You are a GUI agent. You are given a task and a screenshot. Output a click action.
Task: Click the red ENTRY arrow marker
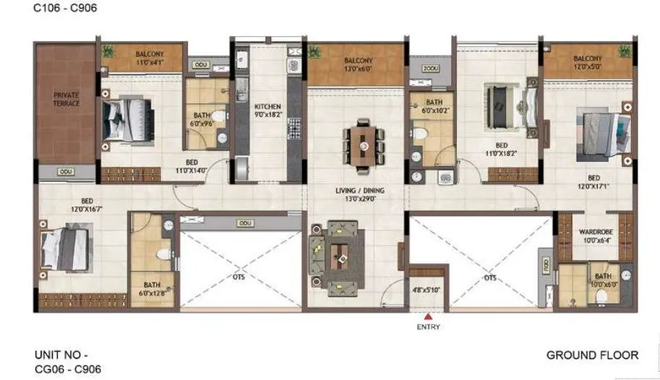pos(428,316)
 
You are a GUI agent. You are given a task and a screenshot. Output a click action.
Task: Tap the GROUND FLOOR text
pos(592,355)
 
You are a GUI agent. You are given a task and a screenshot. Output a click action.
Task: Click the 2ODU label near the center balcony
pos(431,68)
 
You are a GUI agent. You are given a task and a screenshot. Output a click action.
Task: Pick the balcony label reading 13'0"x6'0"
pos(358,65)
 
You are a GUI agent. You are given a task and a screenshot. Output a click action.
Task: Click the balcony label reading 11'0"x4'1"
pos(150,59)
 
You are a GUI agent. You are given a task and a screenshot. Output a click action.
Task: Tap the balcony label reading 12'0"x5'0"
pos(587,63)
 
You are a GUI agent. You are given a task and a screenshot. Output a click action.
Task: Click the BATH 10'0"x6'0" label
pos(602,280)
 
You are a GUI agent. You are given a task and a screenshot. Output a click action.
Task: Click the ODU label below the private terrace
pos(66,172)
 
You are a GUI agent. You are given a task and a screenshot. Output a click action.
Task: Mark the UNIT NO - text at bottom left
pos(61,355)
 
